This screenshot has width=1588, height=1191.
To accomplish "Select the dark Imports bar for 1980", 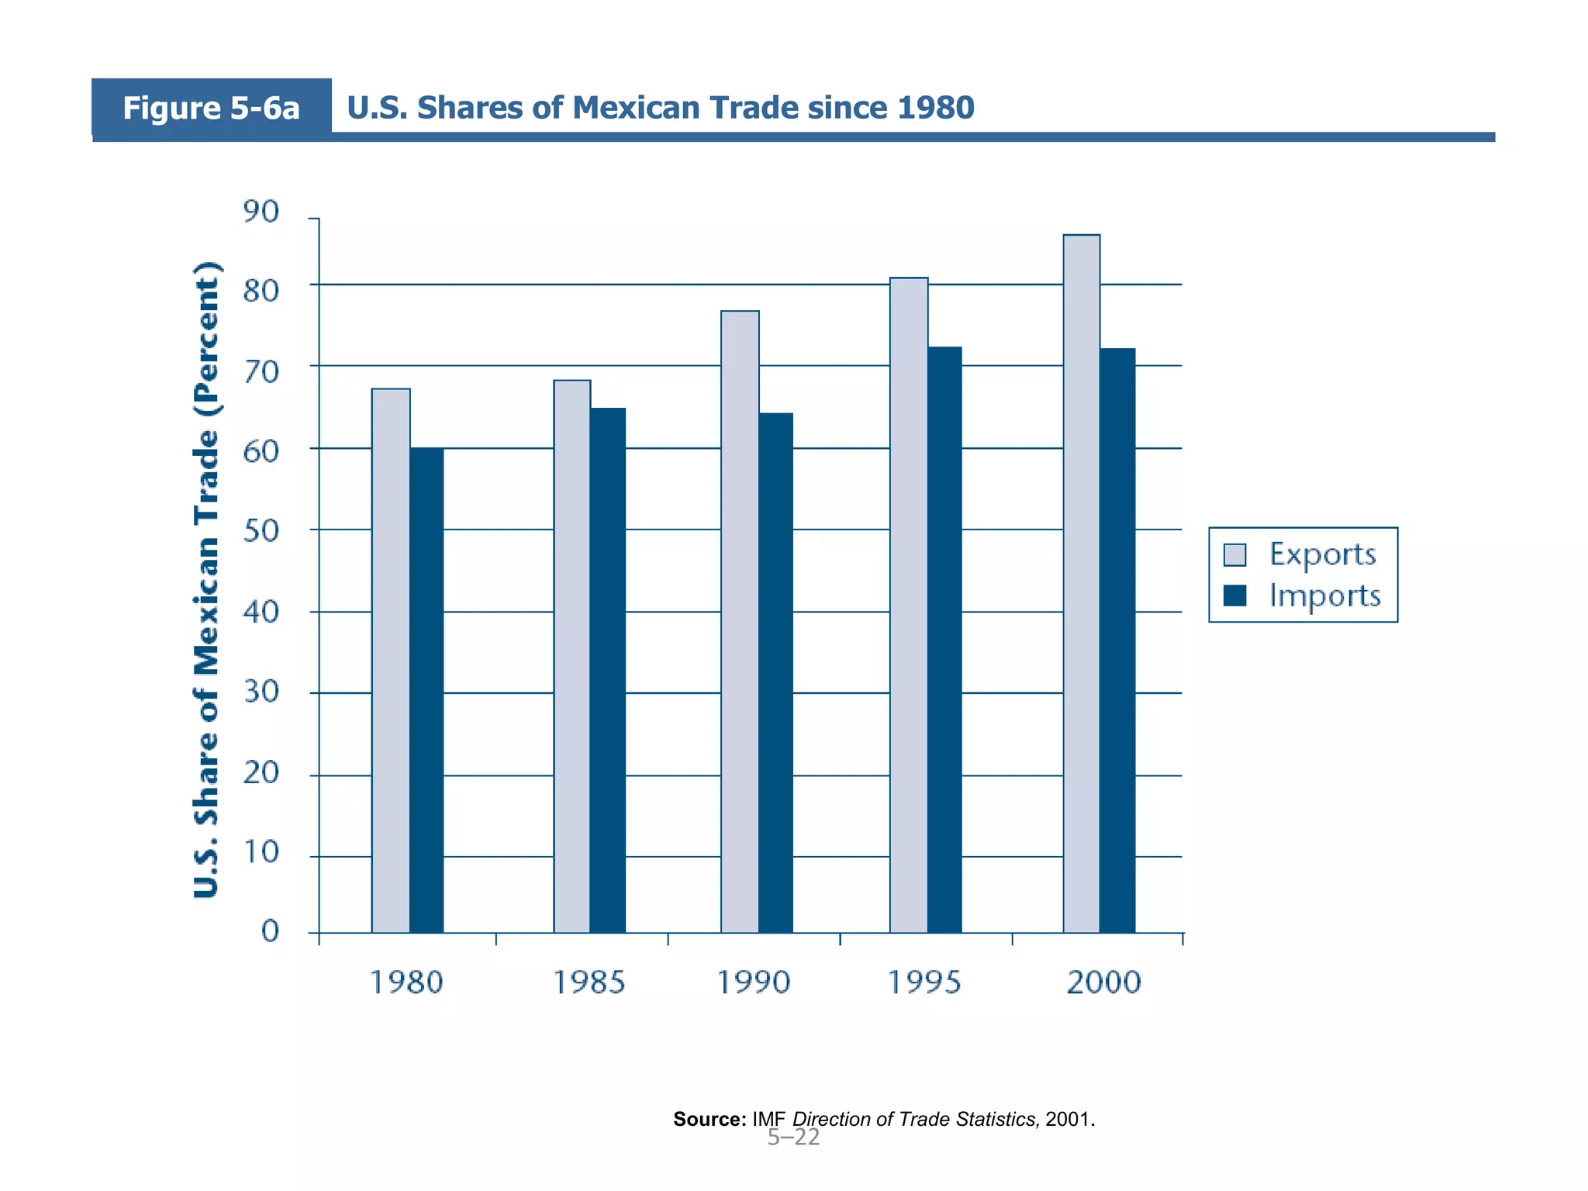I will tap(426, 690).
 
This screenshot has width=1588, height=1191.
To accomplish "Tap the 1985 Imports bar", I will tap(607, 671).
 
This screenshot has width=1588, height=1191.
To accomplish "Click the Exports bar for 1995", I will tap(909, 605).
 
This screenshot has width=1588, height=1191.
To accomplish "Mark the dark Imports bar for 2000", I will tap(1117, 640).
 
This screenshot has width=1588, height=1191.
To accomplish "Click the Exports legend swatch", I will tap(1234, 555).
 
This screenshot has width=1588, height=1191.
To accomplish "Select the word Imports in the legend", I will tap(1324, 595).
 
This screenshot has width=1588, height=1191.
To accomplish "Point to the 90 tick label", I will tap(261, 212).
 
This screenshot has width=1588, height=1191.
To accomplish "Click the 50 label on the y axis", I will tap(261, 531).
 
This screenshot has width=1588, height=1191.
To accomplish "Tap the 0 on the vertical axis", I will tap(270, 930).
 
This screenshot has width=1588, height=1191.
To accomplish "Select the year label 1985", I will tap(589, 982).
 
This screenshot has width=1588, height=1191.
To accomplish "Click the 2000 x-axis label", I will tap(1103, 982).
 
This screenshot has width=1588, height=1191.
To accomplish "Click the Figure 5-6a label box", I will tap(211, 108).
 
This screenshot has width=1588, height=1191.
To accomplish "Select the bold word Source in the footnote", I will tap(709, 1119).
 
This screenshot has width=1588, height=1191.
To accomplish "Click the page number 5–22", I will tap(793, 1137).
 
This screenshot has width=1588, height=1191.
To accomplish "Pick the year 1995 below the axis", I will tap(923, 982).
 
